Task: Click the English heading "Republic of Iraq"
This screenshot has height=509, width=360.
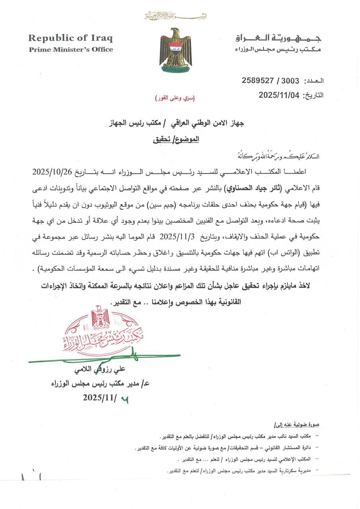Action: click(x=70, y=38)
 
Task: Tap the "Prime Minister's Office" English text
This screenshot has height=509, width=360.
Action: click(x=71, y=50)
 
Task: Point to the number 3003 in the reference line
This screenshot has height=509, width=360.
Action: click(x=290, y=80)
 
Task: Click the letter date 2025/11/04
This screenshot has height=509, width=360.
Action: click(x=279, y=95)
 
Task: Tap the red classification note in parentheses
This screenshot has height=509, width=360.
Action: click(x=175, y=98)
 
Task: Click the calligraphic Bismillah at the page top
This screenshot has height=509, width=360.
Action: click(x=175, y=16)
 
